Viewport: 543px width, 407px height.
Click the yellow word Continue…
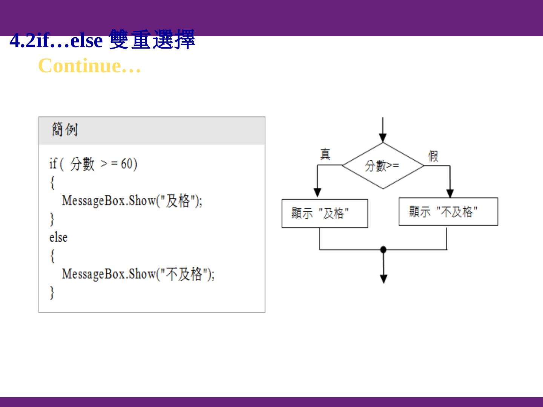pos(90,66)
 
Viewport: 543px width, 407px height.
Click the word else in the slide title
pos(86,41)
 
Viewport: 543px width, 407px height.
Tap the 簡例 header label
pos(64,130)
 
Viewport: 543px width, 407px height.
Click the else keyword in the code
pos(58,237)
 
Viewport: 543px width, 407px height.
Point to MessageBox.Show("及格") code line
pos(132,200)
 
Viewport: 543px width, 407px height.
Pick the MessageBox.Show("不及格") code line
pos(138,274)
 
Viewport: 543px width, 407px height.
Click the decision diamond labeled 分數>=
pos(383,165)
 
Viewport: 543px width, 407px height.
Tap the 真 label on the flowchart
pos(325,154)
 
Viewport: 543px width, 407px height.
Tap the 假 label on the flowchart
pos(433,156)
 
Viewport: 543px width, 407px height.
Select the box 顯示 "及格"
pos(325,213)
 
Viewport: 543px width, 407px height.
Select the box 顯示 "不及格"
pos(448,212)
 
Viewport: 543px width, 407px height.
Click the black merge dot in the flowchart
pos(383,249)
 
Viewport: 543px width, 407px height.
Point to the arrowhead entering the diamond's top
pos(383,138)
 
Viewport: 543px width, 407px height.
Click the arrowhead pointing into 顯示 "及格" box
pos(318,192)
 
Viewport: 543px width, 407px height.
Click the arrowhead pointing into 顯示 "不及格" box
pos(450,193)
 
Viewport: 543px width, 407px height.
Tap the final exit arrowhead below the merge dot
pos(383,279)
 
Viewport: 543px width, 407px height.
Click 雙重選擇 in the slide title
pos(152,40)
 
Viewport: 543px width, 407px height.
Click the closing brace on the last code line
pos(52,292)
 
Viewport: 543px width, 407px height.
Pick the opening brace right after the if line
pos(52,182)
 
